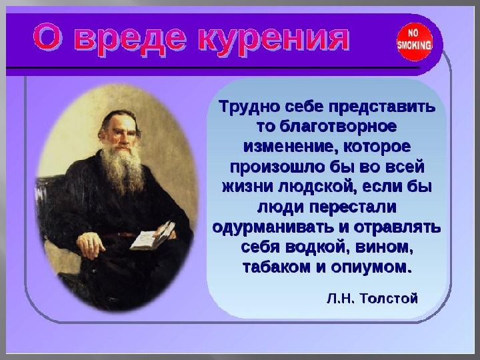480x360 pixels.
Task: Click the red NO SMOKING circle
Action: pyautogui.click(x=415, y=41)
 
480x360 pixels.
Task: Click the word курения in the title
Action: pyautogui.click(x=273, y=40)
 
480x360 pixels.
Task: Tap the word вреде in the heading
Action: pyautogui.click(x=129, y=40)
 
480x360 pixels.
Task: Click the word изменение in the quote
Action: pyautogui.click(x=288, y=147)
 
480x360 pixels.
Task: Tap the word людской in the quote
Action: pyautogui.click(x=317, y=187)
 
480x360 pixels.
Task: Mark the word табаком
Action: pyautogui.click(x=277, y=267)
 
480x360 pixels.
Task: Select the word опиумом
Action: pyautogui.click(x=370, y=267)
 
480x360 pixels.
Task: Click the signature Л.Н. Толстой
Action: pyautogui.click(x=372, y=298)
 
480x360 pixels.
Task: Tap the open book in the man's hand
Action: pyautogui.click(x=153, y=236)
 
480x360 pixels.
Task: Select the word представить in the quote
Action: pyautogui.click(x=382, y=107)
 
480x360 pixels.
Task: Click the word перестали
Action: pyautogui.click(x=353, y=207)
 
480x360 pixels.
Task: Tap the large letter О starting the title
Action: pyautogui.click(x=47, y=37)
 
